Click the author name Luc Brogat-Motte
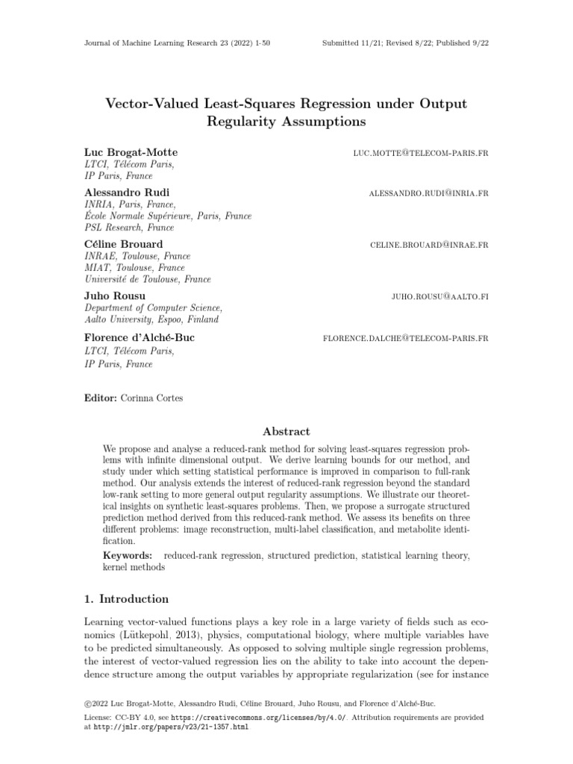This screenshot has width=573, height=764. (x=131, y=152)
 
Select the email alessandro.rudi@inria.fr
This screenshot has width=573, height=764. (x=428, y=193)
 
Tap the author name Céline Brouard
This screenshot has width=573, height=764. (x=124, y=244)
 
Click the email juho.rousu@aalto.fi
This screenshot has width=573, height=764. (x=439, y=296)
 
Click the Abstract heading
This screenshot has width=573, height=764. (x=286, y=431)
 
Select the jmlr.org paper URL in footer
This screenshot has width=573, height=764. (x=171, y=727)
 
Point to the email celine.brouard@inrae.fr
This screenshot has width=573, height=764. (x=429, y=245)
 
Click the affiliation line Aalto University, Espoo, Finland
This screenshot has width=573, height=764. (x=151, y=319)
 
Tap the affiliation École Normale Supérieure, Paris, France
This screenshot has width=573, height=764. (x=168, y=216)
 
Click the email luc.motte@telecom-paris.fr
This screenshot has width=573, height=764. (x=421, y=153)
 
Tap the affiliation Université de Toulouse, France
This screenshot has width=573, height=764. (x=148, y=279)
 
